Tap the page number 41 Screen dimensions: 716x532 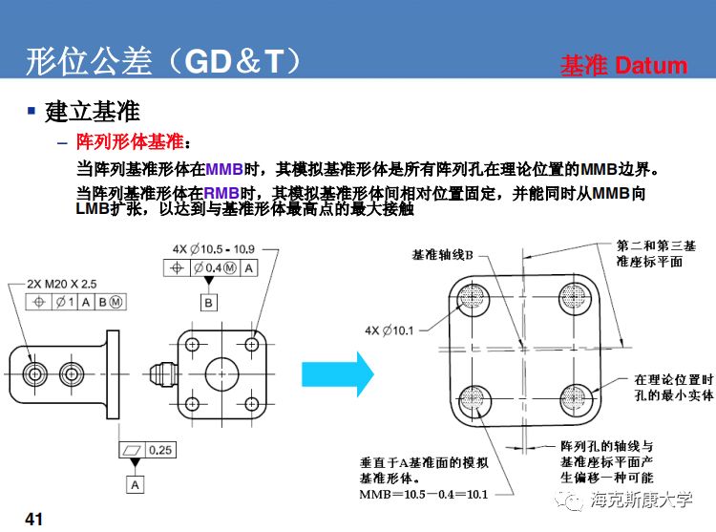[x=34, y=519]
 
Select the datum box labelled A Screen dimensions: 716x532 [x=136, y=484]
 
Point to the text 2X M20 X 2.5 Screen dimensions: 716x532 [x=57, y=284]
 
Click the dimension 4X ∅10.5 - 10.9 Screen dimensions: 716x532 [x=215, y=249]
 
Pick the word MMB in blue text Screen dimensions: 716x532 [x=224, y=169]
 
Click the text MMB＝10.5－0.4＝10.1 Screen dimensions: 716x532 [x=424, y=494]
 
